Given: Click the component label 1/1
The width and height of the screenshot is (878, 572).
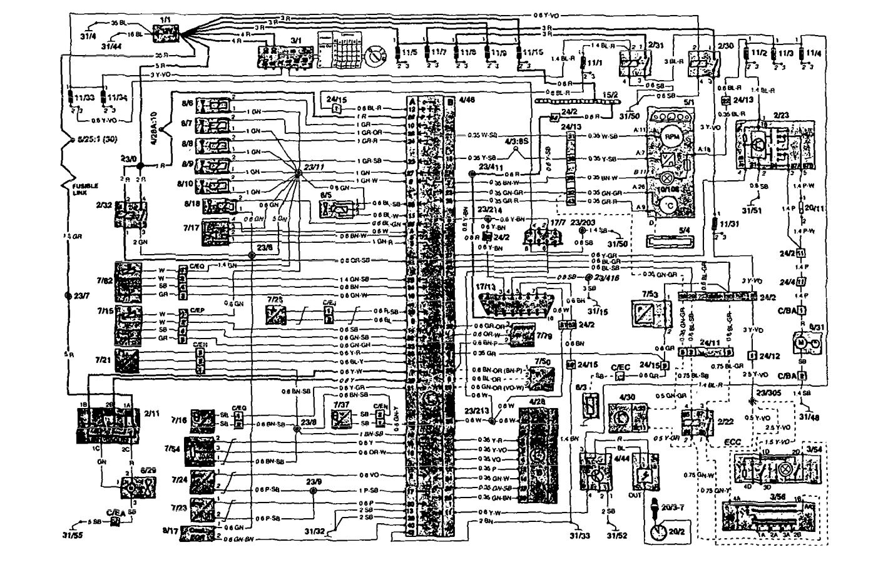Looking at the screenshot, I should tap(165, 20).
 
